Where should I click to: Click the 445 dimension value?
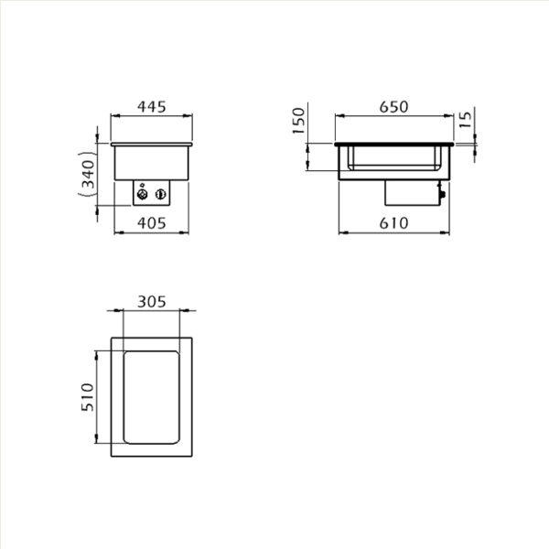point(151,107)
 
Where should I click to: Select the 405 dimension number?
point(151,223)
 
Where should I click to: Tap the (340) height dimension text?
point(87,174)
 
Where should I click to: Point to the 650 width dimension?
point(393,107)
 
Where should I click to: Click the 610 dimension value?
point(393,223)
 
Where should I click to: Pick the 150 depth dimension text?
point(298,121)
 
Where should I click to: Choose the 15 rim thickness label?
point(466,120)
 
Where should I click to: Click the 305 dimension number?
point(151,302)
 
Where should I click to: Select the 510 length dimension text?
point(88,397)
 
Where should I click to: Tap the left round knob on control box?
point(142,194)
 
